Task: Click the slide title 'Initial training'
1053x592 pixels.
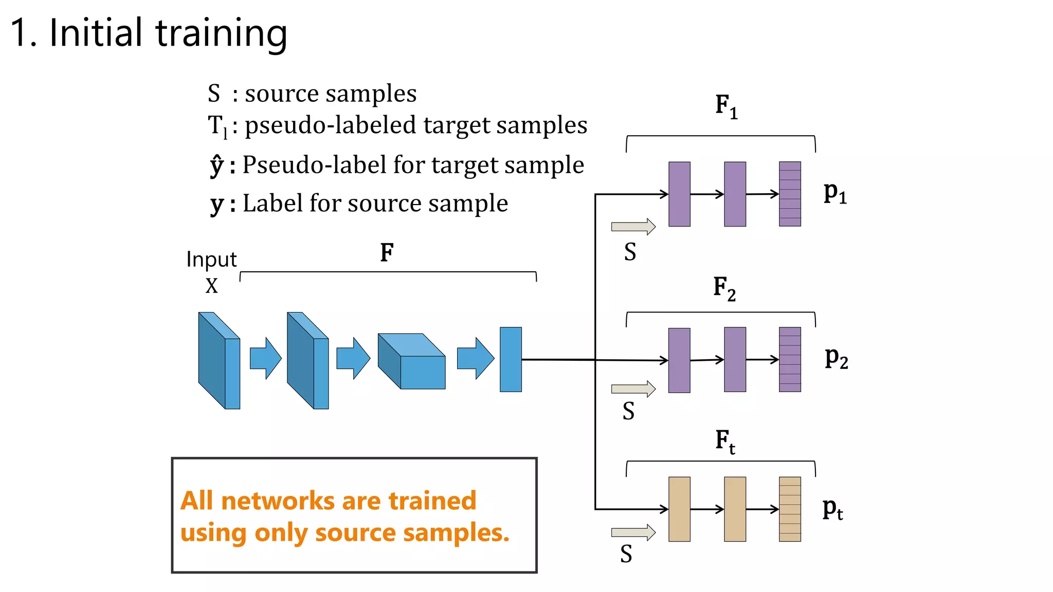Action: click(149, 33)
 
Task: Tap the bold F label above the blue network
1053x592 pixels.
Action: click(387, 252)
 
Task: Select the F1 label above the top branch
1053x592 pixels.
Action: click(725, 106)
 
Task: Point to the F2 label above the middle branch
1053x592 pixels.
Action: click(724, 288)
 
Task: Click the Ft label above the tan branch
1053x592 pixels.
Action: click(724, 441)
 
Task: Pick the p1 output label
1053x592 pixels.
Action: click(834, 193)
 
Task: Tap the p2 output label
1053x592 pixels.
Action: click(836, 358)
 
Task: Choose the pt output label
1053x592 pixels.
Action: click(832, 509)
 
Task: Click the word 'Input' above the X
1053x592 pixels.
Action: click(211, 260)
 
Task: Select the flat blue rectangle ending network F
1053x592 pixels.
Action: click(511, 359)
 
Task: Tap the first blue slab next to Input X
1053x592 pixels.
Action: click(220, 360)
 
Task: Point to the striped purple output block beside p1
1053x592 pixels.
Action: click(790, 194)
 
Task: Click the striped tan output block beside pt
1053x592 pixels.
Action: click(790, 509)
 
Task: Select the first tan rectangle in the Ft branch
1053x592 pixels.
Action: click(679, 509)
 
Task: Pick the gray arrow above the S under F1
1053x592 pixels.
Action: click(633, 227)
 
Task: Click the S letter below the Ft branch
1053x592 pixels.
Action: click(626, 554)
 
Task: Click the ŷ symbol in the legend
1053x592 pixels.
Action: click(216, 165)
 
